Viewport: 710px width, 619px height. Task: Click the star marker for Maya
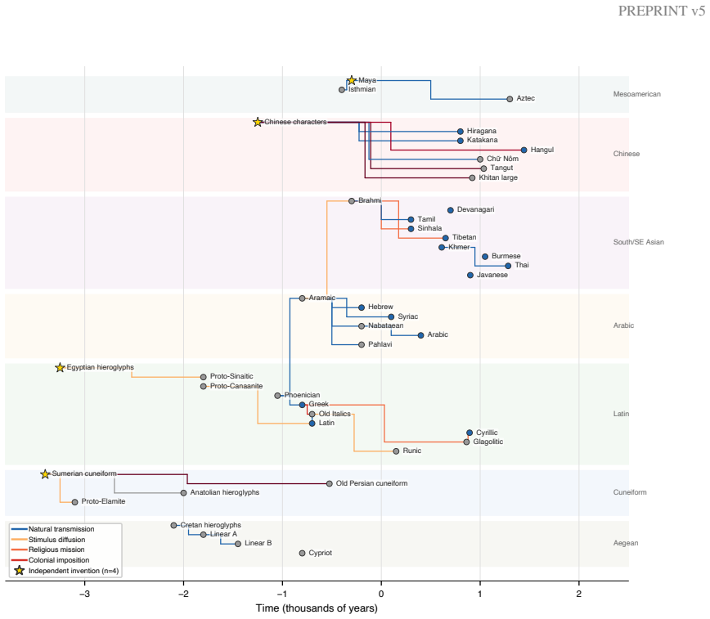coord(352,81)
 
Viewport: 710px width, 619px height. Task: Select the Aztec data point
coord(510,99)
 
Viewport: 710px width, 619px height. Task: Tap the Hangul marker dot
coord(524,150)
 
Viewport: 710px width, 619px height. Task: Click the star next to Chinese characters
coord(258,123)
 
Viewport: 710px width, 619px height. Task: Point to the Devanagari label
coord(475,209)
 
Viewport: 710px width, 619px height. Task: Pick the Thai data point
coord(508,266)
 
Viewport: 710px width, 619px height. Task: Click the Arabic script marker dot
coord(420,335)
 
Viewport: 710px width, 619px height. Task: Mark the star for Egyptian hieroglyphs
coord(60,368)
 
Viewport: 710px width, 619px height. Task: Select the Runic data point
coord(396,451)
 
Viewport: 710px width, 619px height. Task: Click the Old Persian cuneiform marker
coord(329,484)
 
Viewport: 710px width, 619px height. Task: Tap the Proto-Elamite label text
coord(103,502)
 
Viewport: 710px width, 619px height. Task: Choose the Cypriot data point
coord(303,554)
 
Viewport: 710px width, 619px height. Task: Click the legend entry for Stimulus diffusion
coord(56,540)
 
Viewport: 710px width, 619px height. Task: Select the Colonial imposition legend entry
coord(59,561)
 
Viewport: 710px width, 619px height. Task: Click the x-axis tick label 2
coord(578,594)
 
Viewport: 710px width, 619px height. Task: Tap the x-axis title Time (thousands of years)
coord(317,608)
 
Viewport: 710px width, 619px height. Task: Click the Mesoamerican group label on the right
coord(636,94)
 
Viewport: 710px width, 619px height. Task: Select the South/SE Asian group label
coord(639,242)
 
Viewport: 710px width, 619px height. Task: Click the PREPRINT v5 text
coord(662,11)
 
